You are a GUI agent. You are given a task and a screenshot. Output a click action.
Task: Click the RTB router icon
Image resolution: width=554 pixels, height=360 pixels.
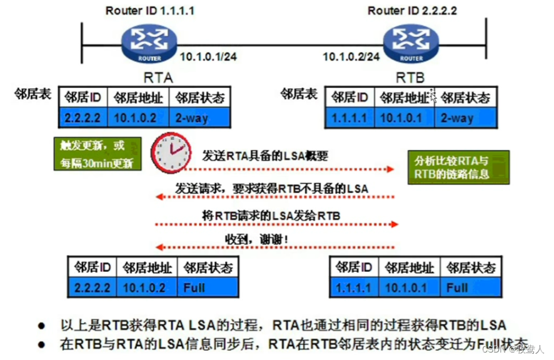(411, 43)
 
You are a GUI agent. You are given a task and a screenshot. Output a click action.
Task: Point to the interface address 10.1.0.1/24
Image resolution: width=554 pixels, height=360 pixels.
(208, 57)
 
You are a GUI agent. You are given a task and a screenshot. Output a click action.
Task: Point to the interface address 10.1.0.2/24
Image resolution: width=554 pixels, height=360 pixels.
(351, 57)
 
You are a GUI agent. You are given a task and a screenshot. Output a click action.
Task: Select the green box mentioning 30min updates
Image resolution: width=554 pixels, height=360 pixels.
(97, 154)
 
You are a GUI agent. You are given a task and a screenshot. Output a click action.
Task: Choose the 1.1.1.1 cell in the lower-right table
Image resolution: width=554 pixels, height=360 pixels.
(354, 288)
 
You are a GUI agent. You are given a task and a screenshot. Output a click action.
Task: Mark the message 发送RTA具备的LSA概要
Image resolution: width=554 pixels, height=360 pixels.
(265, 156)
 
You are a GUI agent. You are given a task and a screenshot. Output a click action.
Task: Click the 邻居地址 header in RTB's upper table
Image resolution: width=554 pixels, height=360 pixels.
(405, 97)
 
